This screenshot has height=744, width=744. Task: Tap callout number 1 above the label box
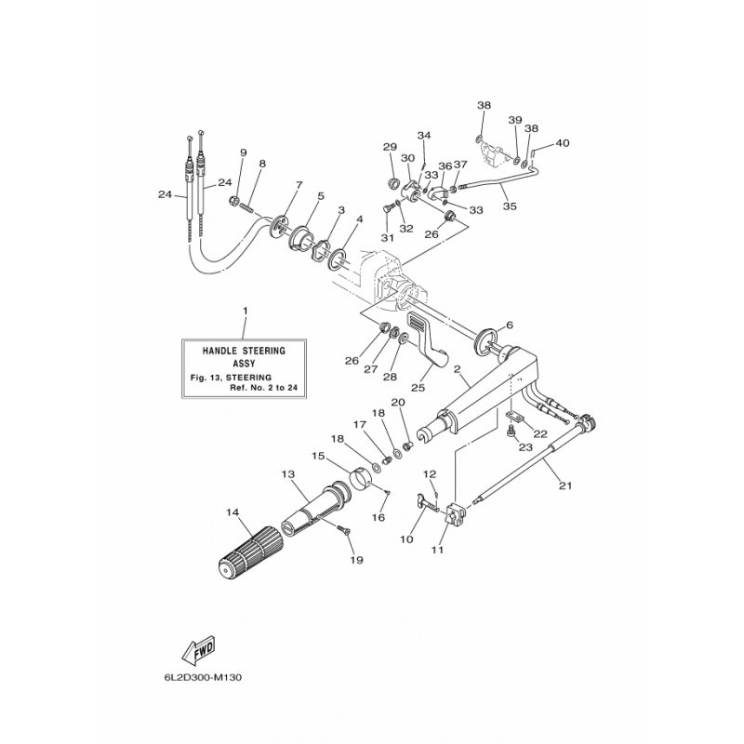245,309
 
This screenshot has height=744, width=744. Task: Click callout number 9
243,153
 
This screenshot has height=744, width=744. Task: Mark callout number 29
390,147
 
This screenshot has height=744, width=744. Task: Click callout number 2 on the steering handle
457,370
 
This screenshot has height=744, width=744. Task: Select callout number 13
288,473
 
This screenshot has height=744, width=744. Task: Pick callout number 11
438,550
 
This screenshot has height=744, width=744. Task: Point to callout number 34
424,136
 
